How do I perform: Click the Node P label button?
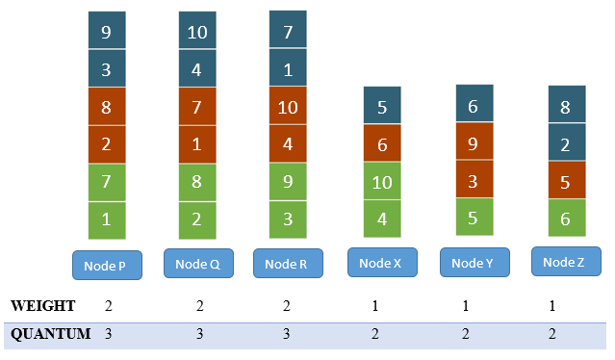coord(107,265)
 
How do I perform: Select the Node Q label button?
coord(197,263)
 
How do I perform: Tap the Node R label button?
coord(287,264)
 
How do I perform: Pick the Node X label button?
coord(381,263)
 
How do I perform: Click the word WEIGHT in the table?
coord(42,306)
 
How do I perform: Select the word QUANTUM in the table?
coord(50,334)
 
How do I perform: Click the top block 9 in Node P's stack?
coord(106,31)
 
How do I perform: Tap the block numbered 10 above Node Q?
coord(197,31)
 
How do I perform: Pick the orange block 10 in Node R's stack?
coord(287,106)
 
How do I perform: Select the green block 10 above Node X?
coord(382,181)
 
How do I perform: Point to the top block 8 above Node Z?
coord(566,105)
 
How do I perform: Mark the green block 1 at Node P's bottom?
coord(106,219)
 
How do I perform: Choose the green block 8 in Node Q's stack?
coord(197,182)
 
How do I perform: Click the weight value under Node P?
coord(107,306)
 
